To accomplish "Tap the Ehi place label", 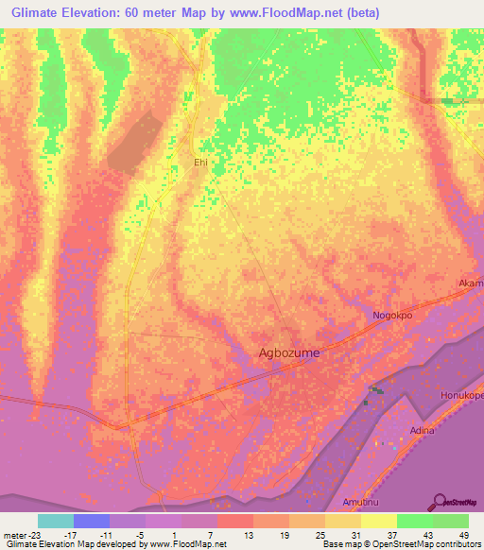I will point(199,163).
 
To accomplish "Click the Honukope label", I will point(462,395).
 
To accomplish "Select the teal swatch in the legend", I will point(56,521).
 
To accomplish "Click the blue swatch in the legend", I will point(92,521).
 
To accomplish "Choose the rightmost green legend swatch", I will point(451,521).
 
